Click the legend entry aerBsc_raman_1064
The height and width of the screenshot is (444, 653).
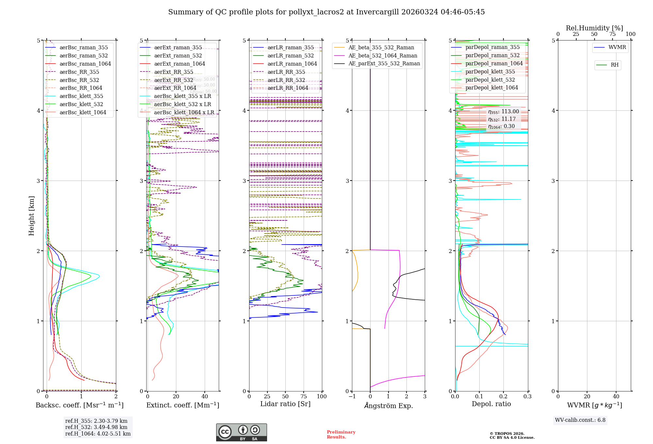85,64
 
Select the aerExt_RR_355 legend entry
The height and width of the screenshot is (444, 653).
173,72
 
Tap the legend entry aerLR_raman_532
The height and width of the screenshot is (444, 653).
290,56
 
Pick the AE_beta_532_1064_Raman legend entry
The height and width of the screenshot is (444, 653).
383,56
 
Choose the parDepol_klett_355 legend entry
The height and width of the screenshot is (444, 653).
490,71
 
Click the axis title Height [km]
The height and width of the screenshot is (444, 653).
31,216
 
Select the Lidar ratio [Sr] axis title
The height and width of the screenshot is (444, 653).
285,404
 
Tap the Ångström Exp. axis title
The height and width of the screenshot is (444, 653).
388,405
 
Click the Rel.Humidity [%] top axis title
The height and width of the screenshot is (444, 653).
594,28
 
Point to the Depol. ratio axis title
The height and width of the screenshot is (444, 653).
491,404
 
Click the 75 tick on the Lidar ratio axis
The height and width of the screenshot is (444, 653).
304,396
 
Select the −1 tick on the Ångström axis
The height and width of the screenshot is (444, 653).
352,396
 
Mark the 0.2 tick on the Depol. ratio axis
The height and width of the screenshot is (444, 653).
503,396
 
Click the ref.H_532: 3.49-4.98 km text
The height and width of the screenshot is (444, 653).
96,427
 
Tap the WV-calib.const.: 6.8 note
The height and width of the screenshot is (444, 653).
580,420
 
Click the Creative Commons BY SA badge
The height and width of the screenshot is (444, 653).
241,432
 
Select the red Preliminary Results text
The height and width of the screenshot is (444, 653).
341,435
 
